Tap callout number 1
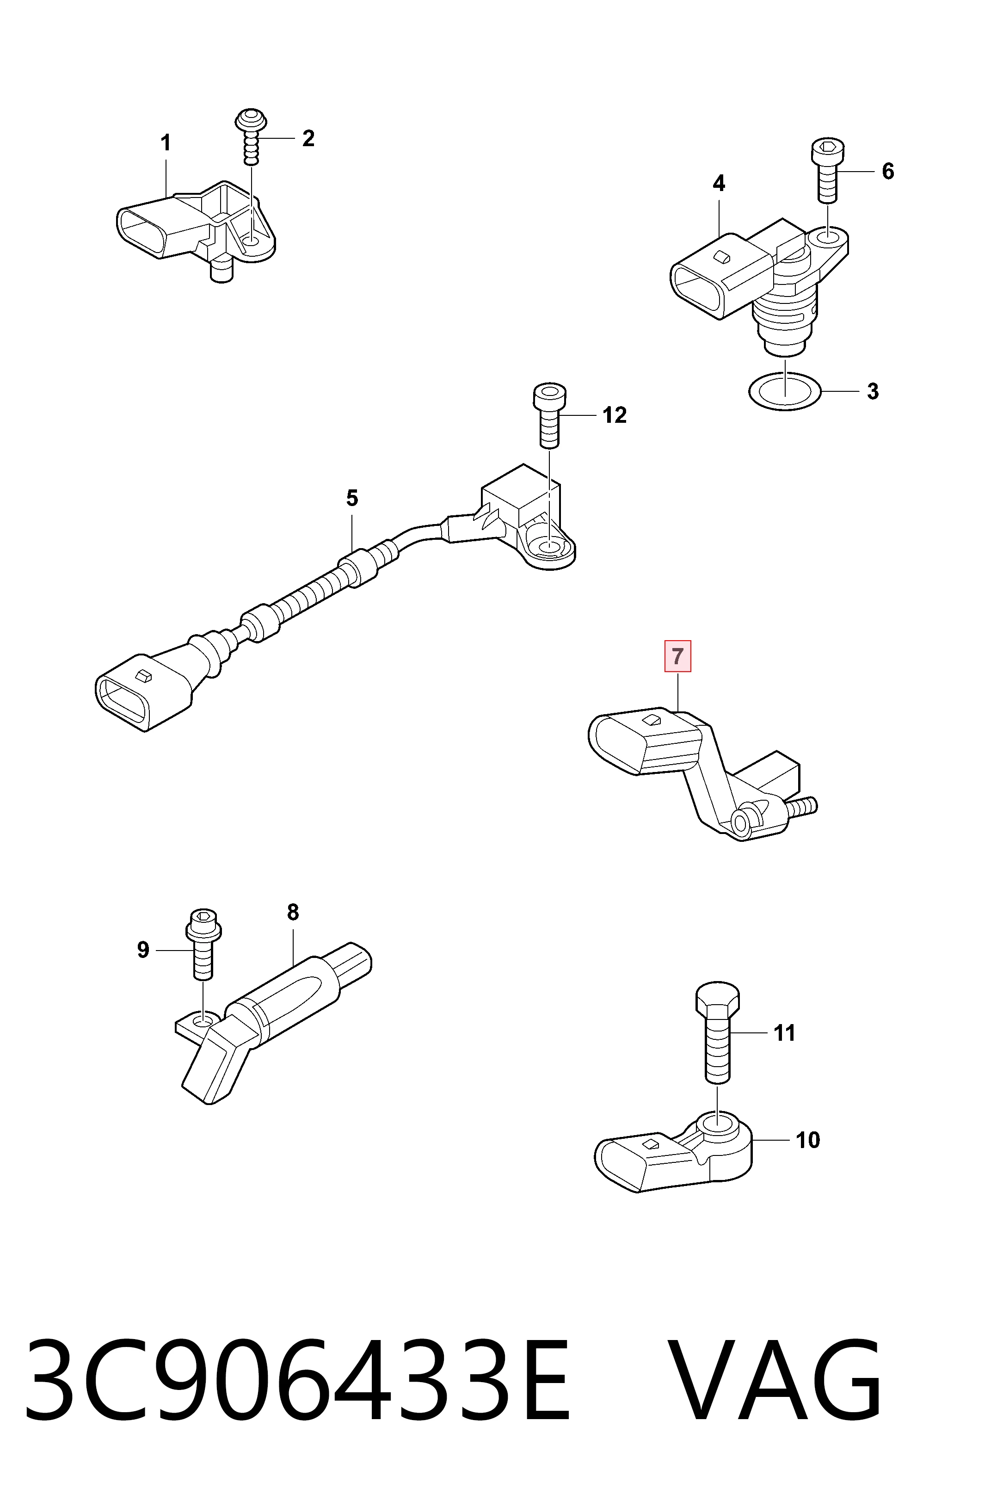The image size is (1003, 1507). pos(166,142)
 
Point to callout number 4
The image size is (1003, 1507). pos(719,184)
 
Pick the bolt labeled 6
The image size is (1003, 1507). pos(828,171)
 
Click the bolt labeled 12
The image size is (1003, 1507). pos(549,416)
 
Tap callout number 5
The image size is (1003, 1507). pos(352,498)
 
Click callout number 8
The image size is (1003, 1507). pos(293,912)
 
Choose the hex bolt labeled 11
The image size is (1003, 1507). pos(718,1031)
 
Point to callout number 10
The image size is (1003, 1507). pos(808,1139)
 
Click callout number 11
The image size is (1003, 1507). pos(785,1032)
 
